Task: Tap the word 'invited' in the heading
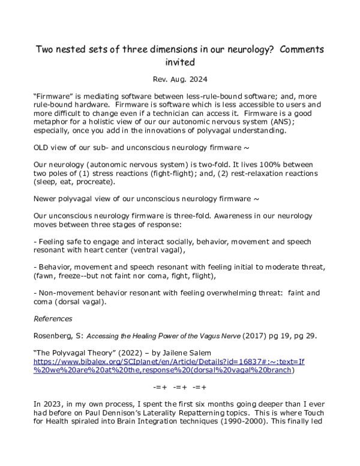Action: [180, 61]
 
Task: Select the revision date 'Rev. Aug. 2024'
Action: [180, 80]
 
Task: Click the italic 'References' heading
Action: [54, 318]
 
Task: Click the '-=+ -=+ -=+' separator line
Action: [180, 386]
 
